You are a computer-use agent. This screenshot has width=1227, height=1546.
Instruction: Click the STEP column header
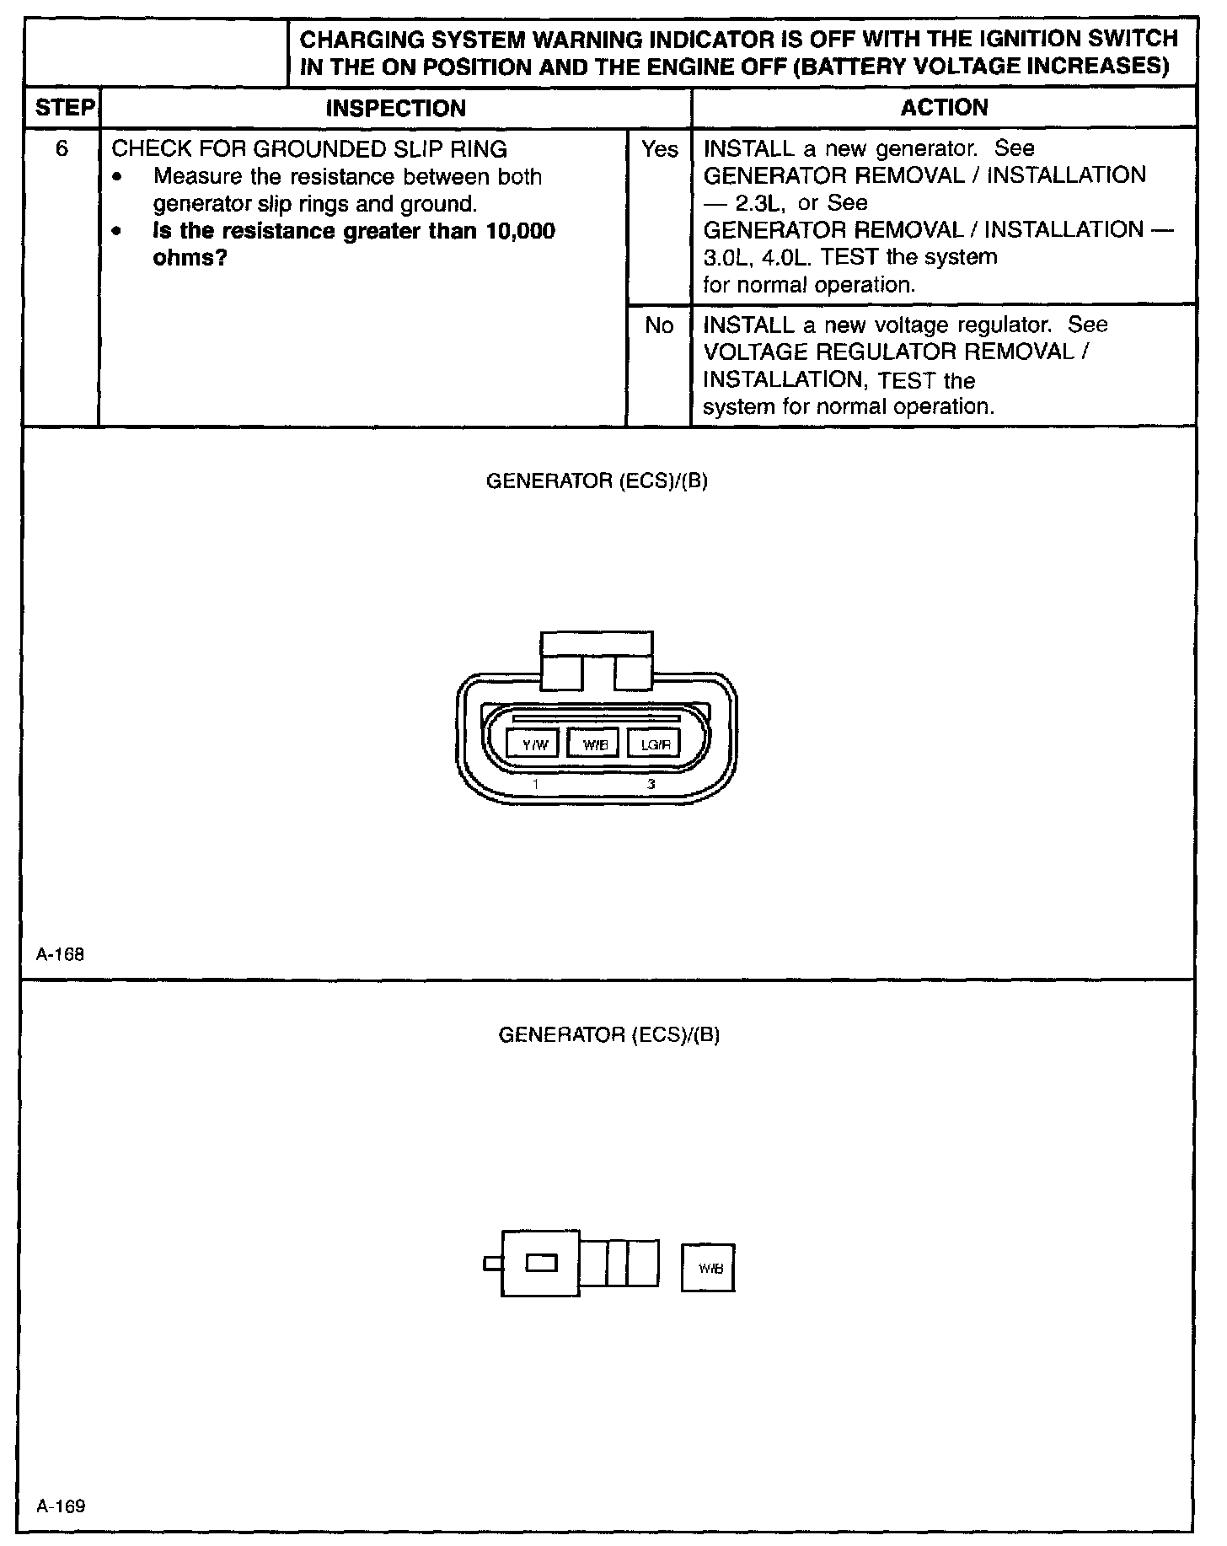pos(63,108)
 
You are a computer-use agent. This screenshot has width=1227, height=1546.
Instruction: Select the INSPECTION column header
pos(395,108)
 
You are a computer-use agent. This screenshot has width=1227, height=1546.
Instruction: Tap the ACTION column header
pos(944,107)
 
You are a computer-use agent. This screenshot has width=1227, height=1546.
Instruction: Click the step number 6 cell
pos(62,149)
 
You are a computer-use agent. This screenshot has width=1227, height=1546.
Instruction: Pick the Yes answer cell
pos(659,149)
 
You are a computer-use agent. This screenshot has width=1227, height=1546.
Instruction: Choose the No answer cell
pos(659,325)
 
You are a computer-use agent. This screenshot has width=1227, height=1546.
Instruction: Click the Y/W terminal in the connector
pos(533,744)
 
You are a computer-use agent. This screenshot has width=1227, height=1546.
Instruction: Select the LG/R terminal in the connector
pos(655,744)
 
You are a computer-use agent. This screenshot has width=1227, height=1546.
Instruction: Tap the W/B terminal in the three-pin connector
pos(594,744)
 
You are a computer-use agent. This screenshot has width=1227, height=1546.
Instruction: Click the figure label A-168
pos(60,955)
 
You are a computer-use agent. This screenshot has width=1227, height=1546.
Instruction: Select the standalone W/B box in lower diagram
pos(708,1267)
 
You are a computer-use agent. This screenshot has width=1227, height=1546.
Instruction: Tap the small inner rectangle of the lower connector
pos(541,1263)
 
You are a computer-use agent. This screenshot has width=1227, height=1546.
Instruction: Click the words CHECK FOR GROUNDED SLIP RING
pos(309,149)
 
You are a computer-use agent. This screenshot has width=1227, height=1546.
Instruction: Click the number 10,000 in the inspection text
pos(521,231)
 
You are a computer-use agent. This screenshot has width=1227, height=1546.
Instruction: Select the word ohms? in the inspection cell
pos(190,258)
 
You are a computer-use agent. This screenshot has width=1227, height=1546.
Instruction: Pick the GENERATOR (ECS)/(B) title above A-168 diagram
pos(597,481)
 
